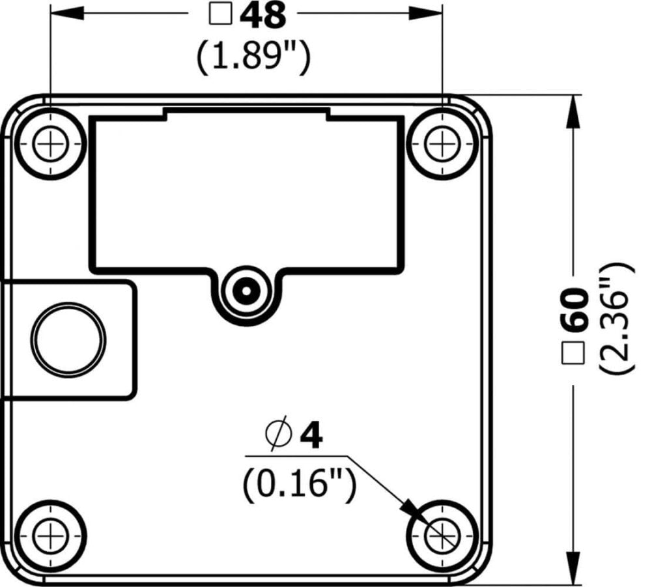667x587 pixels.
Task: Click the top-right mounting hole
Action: point(442,143)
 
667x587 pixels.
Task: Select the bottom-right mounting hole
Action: point(442,536)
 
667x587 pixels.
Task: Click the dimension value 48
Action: point(263,16)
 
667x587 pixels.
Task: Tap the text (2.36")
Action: point(616,318)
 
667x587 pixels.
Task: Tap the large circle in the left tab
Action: point(68,339)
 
